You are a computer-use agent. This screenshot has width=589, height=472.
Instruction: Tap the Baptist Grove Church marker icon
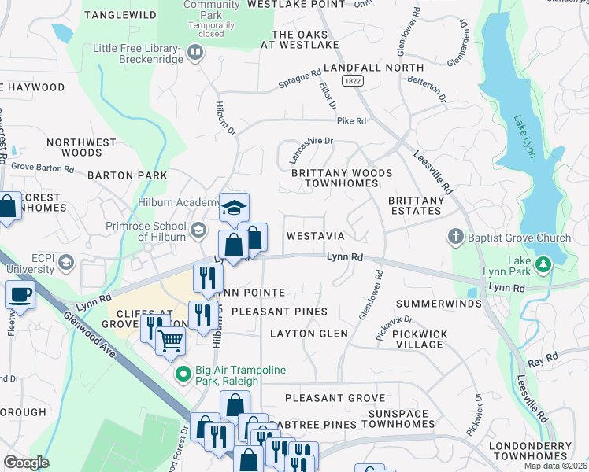(455, 236)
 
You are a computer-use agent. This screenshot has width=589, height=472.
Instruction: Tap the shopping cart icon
(170, 341)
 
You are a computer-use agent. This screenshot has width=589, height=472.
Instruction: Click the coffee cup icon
(19, 295)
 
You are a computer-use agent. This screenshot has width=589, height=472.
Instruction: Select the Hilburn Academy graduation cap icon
(234, 208)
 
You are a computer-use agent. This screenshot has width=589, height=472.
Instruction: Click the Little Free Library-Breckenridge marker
(195, 53)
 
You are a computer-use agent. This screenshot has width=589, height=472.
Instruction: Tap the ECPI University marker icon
(67, 262)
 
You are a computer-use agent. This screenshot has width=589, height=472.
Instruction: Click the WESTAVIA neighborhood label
(315, 236)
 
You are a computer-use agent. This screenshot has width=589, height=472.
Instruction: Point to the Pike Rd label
(351, 121)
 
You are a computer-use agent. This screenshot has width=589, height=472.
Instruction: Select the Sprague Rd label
(300, 83)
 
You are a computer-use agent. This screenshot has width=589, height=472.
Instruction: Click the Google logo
(26, 463)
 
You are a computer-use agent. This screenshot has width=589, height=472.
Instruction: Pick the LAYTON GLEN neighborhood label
(309, 334)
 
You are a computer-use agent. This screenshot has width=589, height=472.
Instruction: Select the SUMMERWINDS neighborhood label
(438, 304)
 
